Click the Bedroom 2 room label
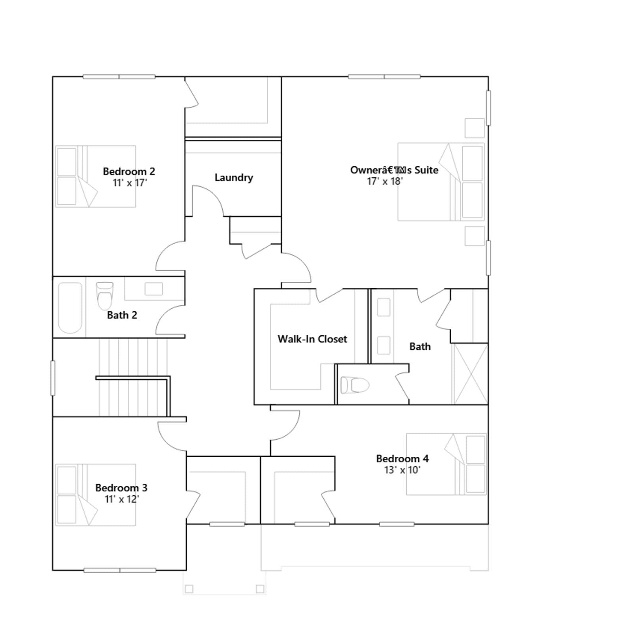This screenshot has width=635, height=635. point(129,171)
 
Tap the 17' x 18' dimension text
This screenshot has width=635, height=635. point(385,181)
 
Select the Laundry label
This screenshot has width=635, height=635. point(234,177)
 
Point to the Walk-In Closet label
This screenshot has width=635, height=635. point(312,339)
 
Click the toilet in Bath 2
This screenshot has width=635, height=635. point(105,296)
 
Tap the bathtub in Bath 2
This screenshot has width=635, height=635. point(70,308)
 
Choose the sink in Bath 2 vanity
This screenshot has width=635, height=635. point(154,289)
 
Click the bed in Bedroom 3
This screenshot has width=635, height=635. point(96,495)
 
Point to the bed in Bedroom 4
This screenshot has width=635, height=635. point(446,464)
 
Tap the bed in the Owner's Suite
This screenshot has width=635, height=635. point(441,182)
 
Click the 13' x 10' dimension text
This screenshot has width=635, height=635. point(402,470)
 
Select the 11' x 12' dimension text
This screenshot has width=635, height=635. point(122,499)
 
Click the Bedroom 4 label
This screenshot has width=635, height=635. point(402,459)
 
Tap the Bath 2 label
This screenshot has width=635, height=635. point(122,315)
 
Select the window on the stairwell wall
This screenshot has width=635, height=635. point(52,378)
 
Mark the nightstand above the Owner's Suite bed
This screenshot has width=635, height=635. point(475,128)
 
